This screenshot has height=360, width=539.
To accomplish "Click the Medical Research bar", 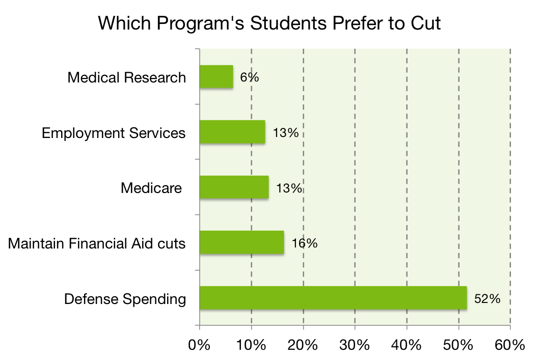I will click(x=216, y=77).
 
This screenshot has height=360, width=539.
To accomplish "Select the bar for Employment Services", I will click(x=232, y=132).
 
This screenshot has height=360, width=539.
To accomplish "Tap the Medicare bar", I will click(x=234, y=187).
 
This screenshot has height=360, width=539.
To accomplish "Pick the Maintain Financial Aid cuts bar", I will click(x=241, y=243).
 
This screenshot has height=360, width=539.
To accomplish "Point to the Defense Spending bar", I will click(x=333, y=298).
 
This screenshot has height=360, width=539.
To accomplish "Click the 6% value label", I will click(x=250, y=77).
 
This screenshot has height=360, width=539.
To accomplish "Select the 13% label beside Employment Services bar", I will click(x=285, y=133).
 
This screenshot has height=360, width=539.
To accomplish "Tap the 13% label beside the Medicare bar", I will click(x=289, y=188).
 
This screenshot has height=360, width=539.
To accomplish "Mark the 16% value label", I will click(x=305, y=243).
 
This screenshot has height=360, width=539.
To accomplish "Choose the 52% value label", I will click(x=488, y=298).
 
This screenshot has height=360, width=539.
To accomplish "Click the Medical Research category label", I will click(x=127, y=78).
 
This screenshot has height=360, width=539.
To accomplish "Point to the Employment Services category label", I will click(x=114, y=133).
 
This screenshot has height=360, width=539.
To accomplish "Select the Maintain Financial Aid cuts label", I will click(x=97, y=243).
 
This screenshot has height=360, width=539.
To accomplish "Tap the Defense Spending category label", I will click(x=125, y=299).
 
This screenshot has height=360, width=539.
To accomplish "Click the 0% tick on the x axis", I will click(x=199, y=345).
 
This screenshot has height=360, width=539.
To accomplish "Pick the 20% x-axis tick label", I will click(x=303, y=345).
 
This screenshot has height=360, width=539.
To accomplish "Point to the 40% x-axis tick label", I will click(x=407, y=345).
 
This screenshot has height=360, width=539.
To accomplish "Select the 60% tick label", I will click(x=510, y=345).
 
